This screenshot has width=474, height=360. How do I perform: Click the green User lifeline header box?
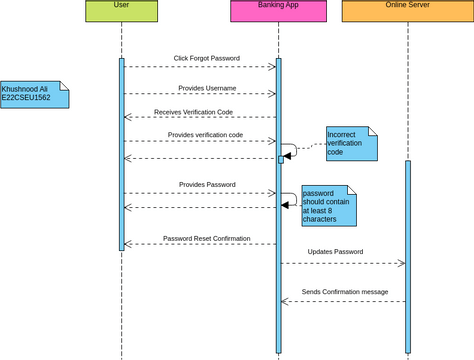(121, 11)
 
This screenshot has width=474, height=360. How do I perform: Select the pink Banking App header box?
(278, 11)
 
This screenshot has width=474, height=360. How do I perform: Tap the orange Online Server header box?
(407, 11)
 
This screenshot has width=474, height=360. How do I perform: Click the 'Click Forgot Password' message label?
(206, 58)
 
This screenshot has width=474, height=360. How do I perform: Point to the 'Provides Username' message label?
(206, 88)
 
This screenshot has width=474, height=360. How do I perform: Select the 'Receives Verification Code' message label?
(193, 112)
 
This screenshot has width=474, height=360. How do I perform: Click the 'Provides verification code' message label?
(205, 134)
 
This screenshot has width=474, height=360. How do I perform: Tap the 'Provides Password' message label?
(207, 184)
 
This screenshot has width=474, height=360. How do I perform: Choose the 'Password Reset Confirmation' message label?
(206, 239)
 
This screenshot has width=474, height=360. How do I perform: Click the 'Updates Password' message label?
(335, 251)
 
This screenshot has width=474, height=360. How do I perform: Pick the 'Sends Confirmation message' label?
(344, 291)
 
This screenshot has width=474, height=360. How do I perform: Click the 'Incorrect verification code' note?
(351, 143)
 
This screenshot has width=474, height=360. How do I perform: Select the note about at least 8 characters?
(329, 205)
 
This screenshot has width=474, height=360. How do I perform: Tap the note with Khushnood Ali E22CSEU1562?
(34, 94)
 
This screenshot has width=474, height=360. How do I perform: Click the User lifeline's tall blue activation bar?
(121, 154)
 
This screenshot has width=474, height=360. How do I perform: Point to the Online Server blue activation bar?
(408, 255)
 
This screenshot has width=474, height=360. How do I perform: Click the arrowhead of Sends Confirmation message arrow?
(285, 301)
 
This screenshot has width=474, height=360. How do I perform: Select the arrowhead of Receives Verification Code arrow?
(127, 117)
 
